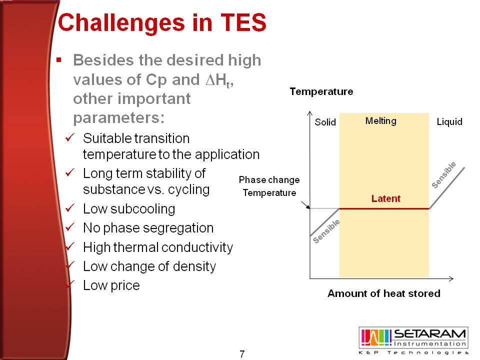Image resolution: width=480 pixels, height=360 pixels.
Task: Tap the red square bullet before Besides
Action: point(59,59)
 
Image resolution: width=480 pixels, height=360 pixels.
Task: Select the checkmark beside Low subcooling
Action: point(70,207)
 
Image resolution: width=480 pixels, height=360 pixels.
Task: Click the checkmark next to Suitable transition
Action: point(70,137)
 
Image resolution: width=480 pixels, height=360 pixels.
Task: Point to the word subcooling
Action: point(143,209)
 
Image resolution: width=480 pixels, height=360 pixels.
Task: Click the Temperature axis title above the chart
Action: point(321,91)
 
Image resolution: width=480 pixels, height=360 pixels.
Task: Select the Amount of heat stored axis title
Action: point(384,293)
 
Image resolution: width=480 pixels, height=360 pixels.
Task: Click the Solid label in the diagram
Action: point(325,122)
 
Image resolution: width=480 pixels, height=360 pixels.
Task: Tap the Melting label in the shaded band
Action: point(381,121)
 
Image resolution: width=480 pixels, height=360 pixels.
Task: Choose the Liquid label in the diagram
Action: point(449,122)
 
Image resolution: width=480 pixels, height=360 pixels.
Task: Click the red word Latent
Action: point(385,198)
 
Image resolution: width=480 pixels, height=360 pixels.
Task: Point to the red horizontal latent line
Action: point(384,209)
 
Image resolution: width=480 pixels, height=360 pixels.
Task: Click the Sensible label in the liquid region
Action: point(443,175)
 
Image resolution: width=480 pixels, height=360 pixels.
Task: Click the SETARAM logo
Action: point(413,340)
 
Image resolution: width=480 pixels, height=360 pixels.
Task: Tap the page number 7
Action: point(242,354)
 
